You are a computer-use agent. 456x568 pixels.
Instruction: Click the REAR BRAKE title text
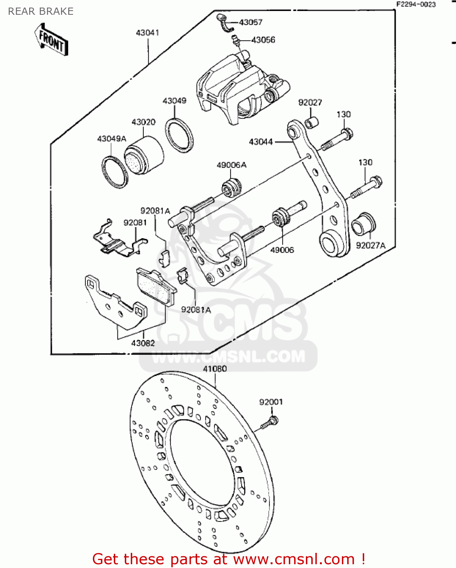coord(41,11)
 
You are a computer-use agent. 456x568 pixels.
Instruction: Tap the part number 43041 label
coord(147,33)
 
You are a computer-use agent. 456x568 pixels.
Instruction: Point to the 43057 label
coord(251,22)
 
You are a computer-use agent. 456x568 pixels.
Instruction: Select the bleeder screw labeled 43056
coord(235,40)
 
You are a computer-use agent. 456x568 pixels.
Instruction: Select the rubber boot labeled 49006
coord(281,217)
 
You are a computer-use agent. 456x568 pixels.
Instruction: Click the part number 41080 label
coord(215,368)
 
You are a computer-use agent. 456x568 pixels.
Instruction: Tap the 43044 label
coord(261,142)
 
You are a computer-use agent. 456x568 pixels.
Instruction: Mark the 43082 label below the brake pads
coord(143,343)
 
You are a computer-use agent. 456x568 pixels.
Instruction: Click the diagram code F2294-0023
coord(416,5)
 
